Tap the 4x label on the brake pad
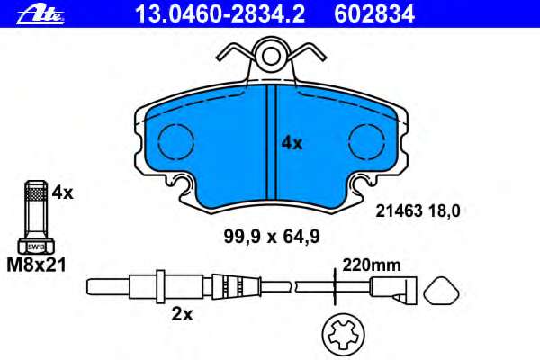292,142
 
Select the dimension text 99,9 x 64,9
272,238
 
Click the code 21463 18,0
417,211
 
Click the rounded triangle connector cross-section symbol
442,290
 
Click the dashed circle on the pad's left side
177,141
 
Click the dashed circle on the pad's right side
366,141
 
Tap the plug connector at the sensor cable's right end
393,289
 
